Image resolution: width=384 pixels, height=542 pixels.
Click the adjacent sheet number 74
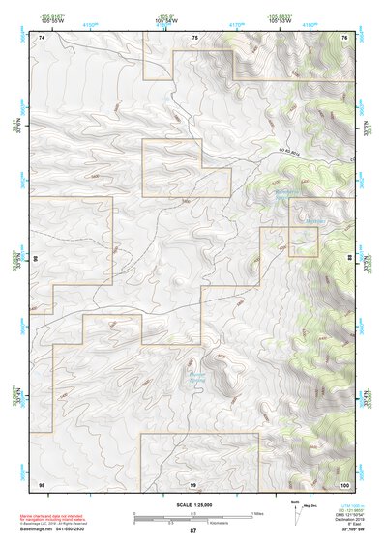[42, 37]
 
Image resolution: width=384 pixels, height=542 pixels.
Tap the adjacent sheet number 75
[193, 37]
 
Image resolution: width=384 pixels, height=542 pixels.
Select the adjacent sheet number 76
[344, 37]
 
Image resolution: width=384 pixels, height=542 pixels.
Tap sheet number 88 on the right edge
[349, 258]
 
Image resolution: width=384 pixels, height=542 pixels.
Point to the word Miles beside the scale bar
[257, 513]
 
